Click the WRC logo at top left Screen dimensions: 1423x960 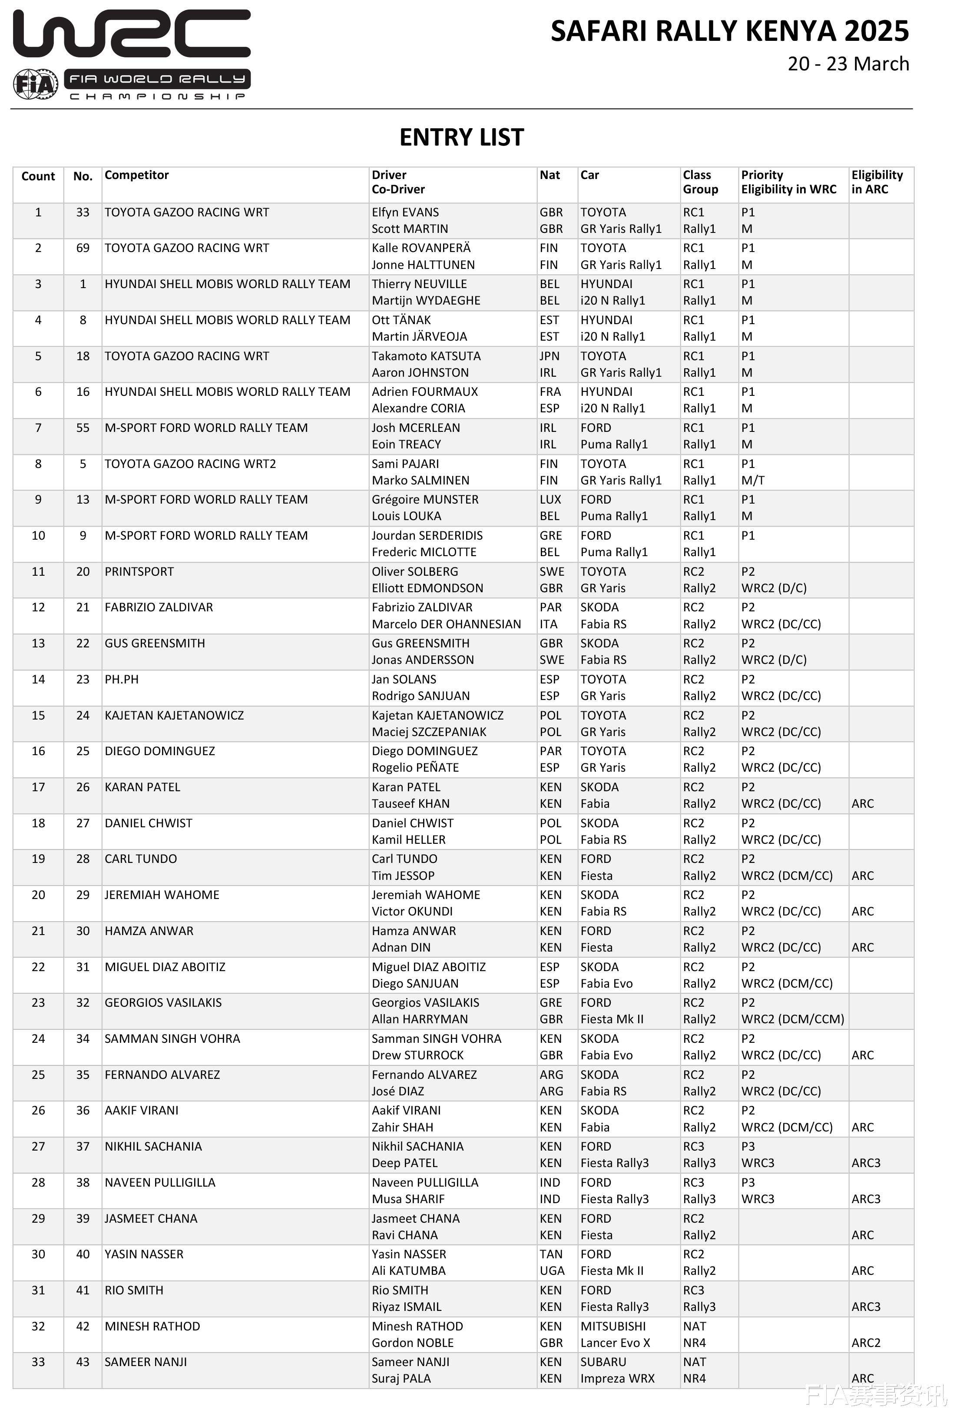click(132, 34)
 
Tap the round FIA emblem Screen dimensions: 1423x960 click(36, 84)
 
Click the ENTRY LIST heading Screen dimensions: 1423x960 click(462, 137)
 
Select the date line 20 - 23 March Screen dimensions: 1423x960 click(848, 64)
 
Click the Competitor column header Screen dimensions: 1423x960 click(136, 175)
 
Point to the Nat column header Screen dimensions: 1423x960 click(550, 175)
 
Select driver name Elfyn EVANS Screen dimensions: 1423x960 click(405, 212)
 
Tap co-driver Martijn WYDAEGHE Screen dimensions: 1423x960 click(426, 301)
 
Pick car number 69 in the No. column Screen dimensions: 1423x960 click(83, 248)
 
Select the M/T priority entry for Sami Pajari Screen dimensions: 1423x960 click(752, 481)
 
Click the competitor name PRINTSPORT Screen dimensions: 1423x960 click(139, 572)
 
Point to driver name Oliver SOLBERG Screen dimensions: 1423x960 click(414, 572)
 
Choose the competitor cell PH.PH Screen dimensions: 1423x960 click(121, 680)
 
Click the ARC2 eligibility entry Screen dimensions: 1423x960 click(866, 1343)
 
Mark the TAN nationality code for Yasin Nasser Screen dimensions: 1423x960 click(551, 1254)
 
